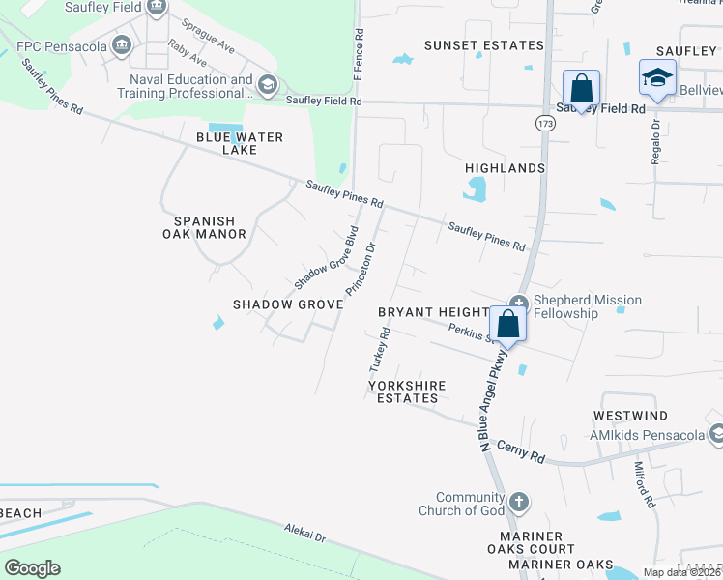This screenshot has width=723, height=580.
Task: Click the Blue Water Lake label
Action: (240, 143)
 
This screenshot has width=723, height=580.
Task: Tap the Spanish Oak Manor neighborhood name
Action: (209, 226)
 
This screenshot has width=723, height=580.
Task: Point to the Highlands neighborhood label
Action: (506, 168)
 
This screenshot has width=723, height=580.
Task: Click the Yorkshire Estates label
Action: (407, 391)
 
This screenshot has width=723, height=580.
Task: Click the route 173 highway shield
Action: (545, 124)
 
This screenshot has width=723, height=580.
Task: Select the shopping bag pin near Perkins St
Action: (508, 325)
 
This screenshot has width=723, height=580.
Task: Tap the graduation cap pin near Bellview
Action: (657, 79)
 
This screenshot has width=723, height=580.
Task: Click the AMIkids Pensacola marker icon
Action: (715, 434)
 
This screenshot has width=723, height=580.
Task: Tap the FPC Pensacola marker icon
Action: (122, 44)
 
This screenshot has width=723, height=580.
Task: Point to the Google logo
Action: (32, 568)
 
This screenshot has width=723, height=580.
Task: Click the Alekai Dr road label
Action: (304, 534)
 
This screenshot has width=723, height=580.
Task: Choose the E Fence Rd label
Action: (359, 44)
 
